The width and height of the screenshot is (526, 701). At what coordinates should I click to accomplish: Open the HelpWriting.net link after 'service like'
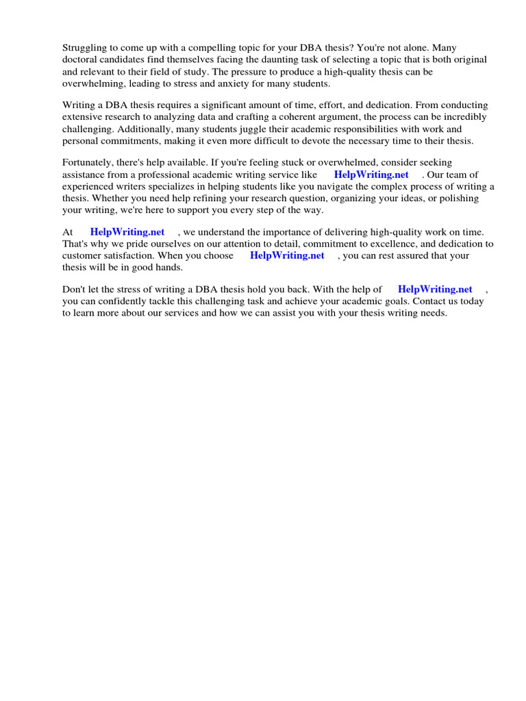tap(371, 175)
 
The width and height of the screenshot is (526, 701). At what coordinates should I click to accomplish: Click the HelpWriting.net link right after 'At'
tap(127, 233)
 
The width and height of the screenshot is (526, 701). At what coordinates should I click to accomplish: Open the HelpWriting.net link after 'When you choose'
tap(287, 255)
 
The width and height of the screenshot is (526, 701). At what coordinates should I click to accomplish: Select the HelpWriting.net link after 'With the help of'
tap(435, 290)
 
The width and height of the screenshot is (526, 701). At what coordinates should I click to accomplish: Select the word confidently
tap(123, 301)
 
